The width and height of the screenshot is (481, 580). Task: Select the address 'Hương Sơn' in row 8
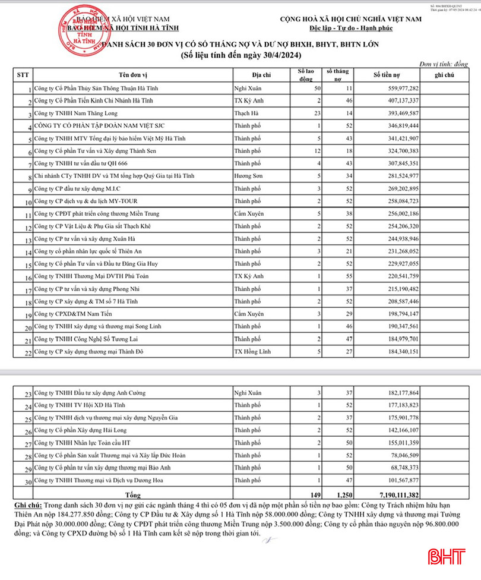(x=249, y=175)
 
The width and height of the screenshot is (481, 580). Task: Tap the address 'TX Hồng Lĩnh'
(x=252, y=351)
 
